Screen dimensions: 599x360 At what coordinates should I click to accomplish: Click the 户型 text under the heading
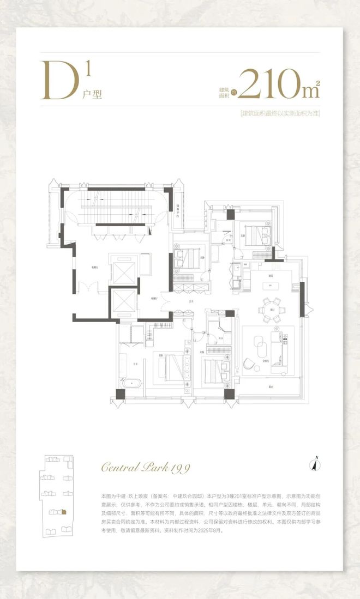pyautogui.click(x=92, y=93)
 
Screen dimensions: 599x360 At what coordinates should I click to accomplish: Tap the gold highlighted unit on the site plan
pyautogui.click(x=64, y=512)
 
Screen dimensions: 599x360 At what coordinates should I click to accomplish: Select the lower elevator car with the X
pyautogui.click(x=123, y=302)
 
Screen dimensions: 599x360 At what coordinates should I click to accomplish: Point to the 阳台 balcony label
pyautogui.click(x=271, y=388)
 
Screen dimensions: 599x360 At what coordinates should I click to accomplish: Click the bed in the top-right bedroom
pyautogui.click(x=256, y=235)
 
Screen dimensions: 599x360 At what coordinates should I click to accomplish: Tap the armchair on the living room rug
pyautogui.click(x=250, y=363)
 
